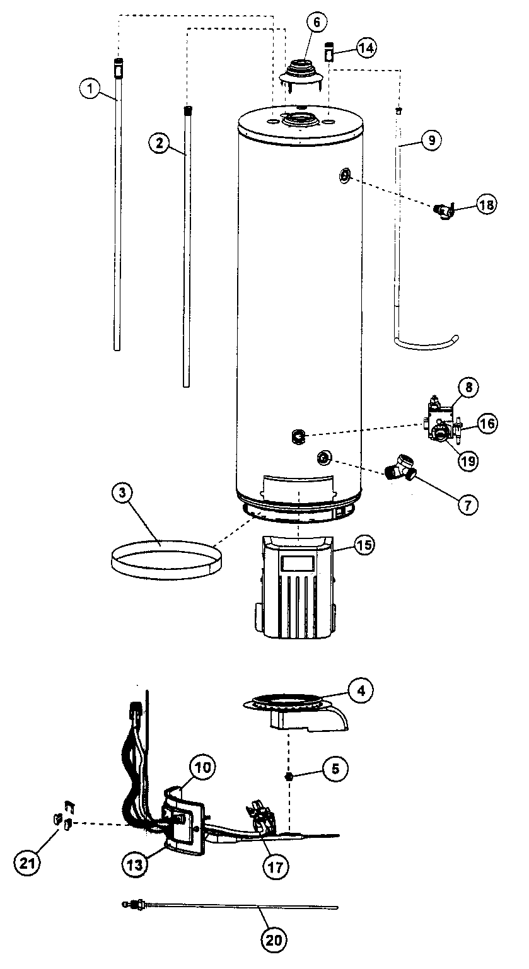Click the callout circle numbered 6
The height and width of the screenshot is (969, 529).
317,22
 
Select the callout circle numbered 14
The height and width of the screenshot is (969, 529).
367,47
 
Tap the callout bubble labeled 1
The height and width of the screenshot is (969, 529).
91,90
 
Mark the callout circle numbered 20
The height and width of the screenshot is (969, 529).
274,940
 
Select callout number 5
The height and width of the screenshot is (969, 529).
335,768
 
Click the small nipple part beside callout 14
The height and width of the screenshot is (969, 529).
328,52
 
